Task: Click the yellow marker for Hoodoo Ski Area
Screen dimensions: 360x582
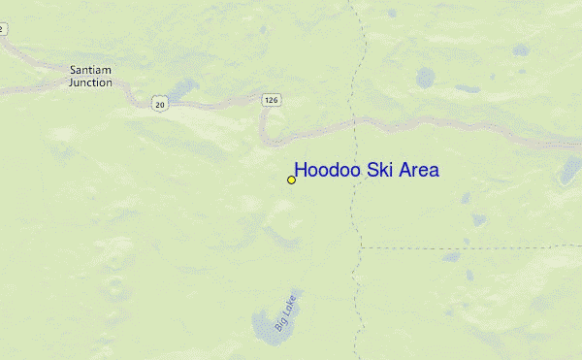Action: click(x=291, y=180)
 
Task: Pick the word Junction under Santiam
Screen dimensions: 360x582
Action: click(x=90, y=82)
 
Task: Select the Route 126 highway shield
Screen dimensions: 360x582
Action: click(x=271, y=98)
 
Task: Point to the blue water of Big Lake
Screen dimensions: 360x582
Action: click(x=264, y=326)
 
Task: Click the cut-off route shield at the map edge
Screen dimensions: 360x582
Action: click(x=2, y=29)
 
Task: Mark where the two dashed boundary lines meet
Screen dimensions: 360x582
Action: click(x=360, y=246)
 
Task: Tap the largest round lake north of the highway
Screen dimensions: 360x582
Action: click(x=425, y=77)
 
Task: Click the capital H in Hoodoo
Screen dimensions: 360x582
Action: click(x=301, y=171)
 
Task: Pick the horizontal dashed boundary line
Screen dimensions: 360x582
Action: click(x=466, y=246)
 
